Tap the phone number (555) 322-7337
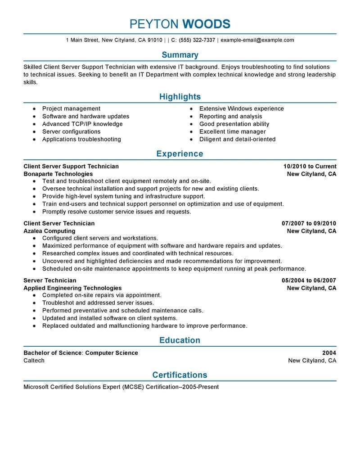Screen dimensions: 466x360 [x=197, y=40]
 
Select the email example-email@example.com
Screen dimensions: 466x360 [x=257, y=40]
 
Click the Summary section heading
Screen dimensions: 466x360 [x=180, y=55]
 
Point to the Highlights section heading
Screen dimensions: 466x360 [x=180, y=97]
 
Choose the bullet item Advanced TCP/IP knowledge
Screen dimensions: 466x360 [x=82, y=124]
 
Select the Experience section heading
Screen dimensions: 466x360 [x=180, y=154]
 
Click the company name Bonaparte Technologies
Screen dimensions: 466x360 [x=58, y=174]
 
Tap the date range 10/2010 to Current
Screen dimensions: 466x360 [x=310, y=166]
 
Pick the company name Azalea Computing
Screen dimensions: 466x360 [x=49, y=231]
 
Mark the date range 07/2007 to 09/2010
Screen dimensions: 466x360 [x=309, y=223]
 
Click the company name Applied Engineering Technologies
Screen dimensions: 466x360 [x=72, y=288]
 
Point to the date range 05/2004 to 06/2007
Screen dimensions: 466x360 [x=309, y=280]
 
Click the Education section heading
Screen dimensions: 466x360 [x=180, y=340]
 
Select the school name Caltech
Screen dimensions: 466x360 [x=34, y=361]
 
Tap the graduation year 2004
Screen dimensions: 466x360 [x=329, y=353]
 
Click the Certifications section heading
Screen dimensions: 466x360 [x=180, y=375]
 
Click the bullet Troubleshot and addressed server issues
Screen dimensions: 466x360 [x=98, y=303]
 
